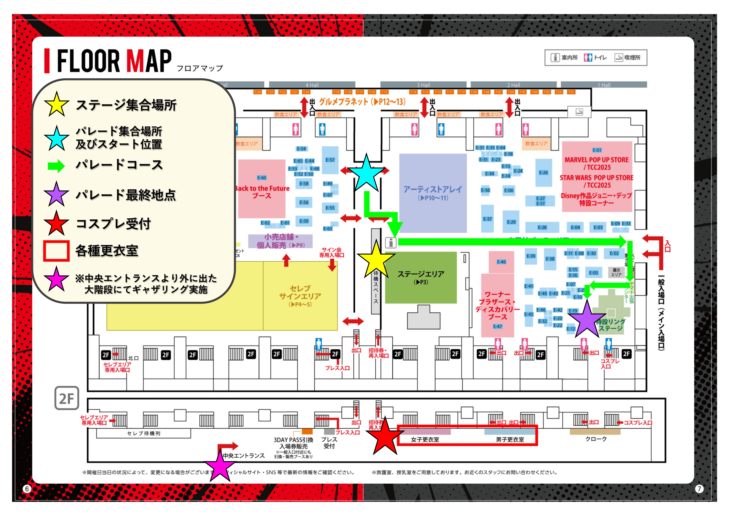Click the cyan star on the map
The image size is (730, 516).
pos(366,174)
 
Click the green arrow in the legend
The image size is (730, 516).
pos(56,166)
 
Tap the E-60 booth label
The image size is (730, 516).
pos(262,178)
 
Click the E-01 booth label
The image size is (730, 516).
pos(597,150)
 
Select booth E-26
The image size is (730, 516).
pos(543,173)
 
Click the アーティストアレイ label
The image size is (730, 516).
pos(433,190)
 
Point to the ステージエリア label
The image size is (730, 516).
pos(421,274)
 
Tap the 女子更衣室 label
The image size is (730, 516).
pos(425,440)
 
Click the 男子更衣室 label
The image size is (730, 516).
pos(510,440)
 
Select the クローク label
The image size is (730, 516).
pos(596,439)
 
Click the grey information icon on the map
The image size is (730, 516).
pos(391,243)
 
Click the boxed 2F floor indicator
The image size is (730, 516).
pos(67,398)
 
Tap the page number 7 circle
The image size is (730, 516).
pos(699,489)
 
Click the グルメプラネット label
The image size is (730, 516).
pos(362,102)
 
